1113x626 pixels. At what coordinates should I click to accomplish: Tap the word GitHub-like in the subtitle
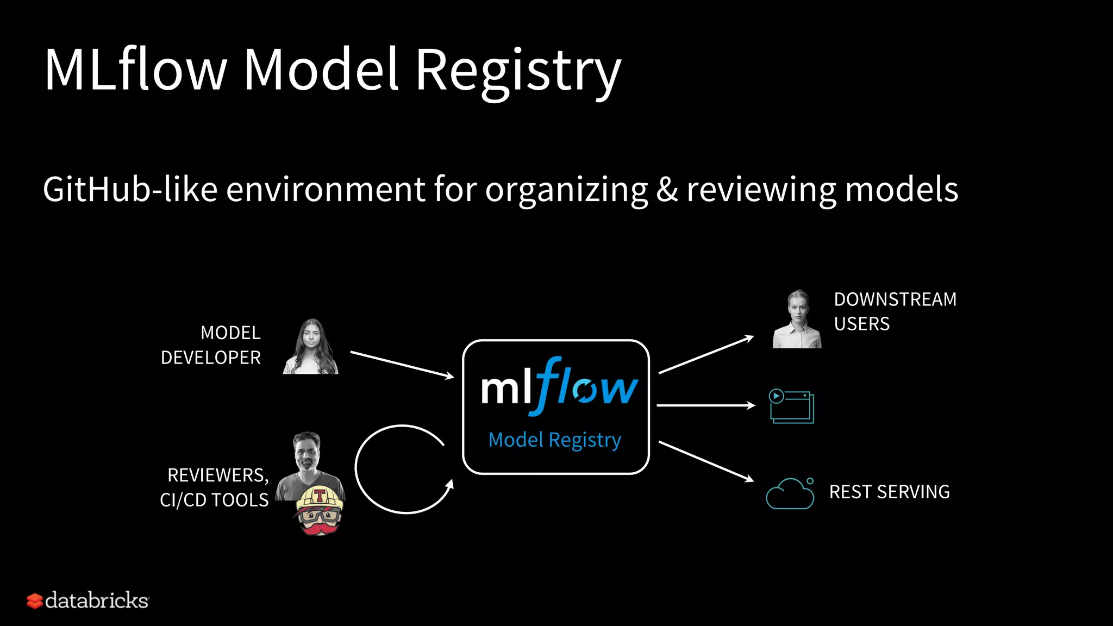pyautogui.click(x=130, y=190)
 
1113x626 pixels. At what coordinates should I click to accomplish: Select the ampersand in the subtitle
pyautogui.click(x=667, y=190)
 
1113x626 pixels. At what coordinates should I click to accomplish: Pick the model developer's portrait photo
pyautogui.click(x=311, y=348)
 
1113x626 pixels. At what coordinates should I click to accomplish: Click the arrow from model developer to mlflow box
pyautogui.click(x=402, y=365)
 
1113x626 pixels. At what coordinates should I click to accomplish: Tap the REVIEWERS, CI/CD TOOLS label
pyautogui.click(x=215, y=487)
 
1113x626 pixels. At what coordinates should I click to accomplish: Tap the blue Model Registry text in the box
pyautogui.click(x=554, y=440)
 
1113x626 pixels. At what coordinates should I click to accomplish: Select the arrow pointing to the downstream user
pyautogui.click(x=706, y=355)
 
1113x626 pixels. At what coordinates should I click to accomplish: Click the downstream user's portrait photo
pyautogui.click(x=797, y=321)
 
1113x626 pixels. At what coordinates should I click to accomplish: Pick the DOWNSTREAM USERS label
pyautogui.click(x=894, y=311)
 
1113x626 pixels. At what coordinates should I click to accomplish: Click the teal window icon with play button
pyautogui.click(x=792, y=406)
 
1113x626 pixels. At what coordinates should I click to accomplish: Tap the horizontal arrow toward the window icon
pyautogui.click(x=705, y=405)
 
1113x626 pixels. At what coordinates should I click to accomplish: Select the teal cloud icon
pyautogui.click(x=790, y=494)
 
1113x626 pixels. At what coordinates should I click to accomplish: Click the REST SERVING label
pyautogui.click(x=889, y=492)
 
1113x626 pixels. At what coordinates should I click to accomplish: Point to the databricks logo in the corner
pyautogui.click(x=88, y=600)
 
